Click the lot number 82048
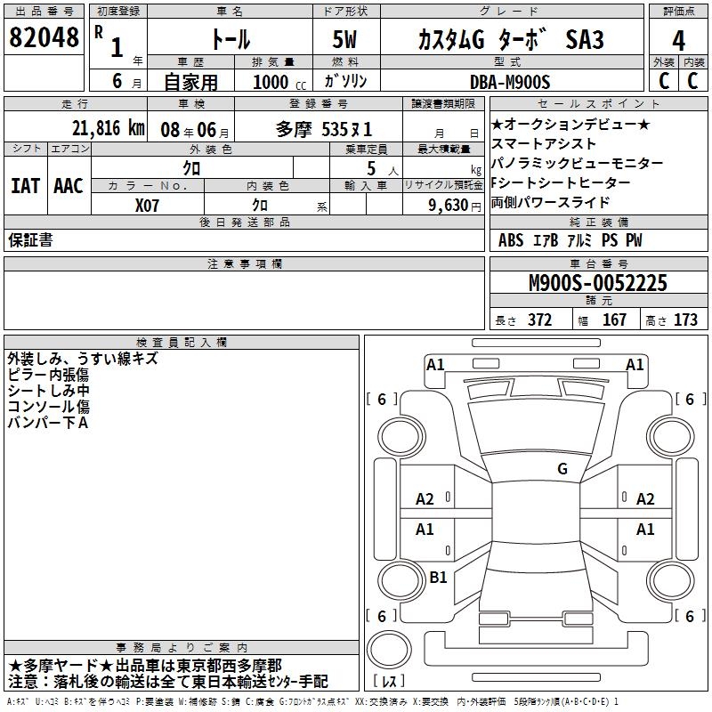click(44, 37)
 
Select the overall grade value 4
click(678, 41)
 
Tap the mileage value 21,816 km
click(109, 128)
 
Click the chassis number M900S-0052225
click(598, 283)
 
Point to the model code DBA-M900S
click(510, 82)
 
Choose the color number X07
click(147, 206)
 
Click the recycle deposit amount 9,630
click(449, 206)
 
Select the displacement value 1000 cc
click(279, 82)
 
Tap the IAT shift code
click(25, 186)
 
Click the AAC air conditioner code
click(69, 186)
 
